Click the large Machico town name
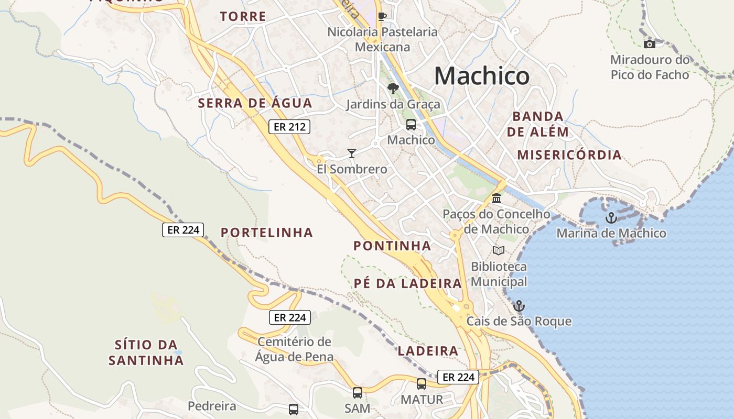pyautogui.click(x=481, y=76)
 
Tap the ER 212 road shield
pyautogui.click(x=289, y=127)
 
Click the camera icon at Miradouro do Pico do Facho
pyautogui.click(x=650, y=44)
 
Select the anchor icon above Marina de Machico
pyautogui.click(x=611, y=217)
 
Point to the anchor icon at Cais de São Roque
pyautogui.click(x=519, y=306)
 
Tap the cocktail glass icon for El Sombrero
pyautogui.click(x=352, y=153)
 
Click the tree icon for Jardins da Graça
pyautogui.click(x=393, y=89)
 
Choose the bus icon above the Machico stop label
pyautogui.click(x=411, y=125)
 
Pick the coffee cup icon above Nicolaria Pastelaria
pyautogui.click(x=382, y=16)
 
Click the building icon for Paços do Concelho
pyautogui.click(x=496, y=199)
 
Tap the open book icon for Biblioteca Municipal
pyautogui.click(x=498, y=251)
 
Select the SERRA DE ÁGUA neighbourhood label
pyautogui.click(x=255, y=103)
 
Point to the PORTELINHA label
pyautogui.click(x=267, y=233)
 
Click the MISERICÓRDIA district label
pyautogui.click(x=569, y=155)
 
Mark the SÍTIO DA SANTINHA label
pyautogui.click(x=146, y=352)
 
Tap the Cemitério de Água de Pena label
pyautogui.click(x=294, y=349)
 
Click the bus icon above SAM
pyautogui.click(x=358, y=392)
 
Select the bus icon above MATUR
pyautogui.click(x=422, y=384)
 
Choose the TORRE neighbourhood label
pyautogui.click(x=243, y=17)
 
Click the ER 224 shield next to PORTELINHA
pyautogui.click(x=183, y=230)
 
